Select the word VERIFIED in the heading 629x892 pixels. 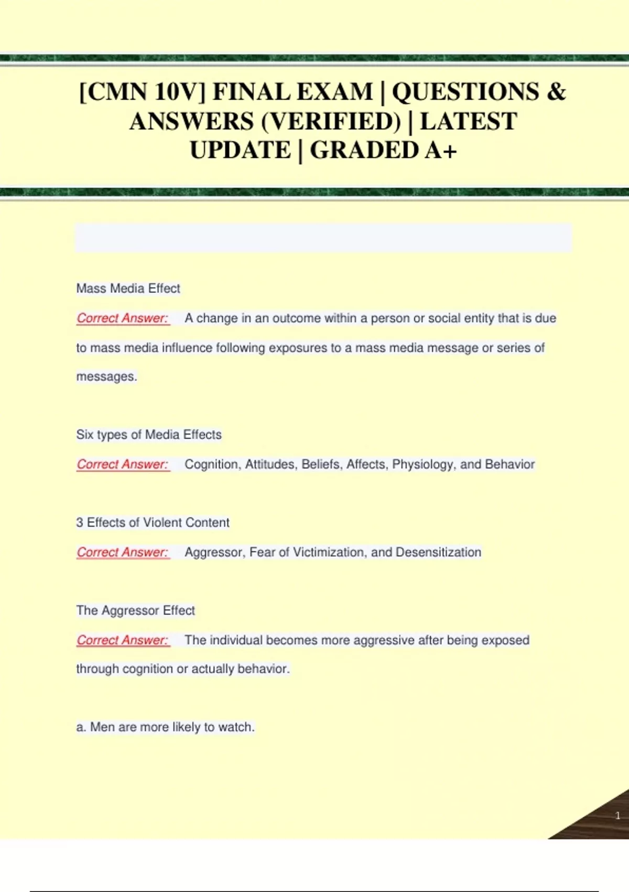click(x=331, y=122)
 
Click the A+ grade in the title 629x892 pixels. click(x=441, y=151)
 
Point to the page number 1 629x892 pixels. click(x=617, y=815)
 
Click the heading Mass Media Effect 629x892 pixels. click(x=128, y=289)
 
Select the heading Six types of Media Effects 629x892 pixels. click(x=149, y=435)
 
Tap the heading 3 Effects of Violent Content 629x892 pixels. click(x=153, y=523)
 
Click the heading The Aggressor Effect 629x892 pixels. click(x=135, y=611)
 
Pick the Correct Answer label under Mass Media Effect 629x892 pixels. click(x=123, y=318)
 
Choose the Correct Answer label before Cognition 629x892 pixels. click(x=123, y=464)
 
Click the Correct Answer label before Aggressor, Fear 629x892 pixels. click(x=123, y=553)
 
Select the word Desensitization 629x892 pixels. click(x=438, y=553)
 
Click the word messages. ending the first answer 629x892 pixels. click(x=106, y=377)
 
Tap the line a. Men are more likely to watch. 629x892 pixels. click(x=165, y=727)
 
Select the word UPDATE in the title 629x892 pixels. click(x=240, y=151)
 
